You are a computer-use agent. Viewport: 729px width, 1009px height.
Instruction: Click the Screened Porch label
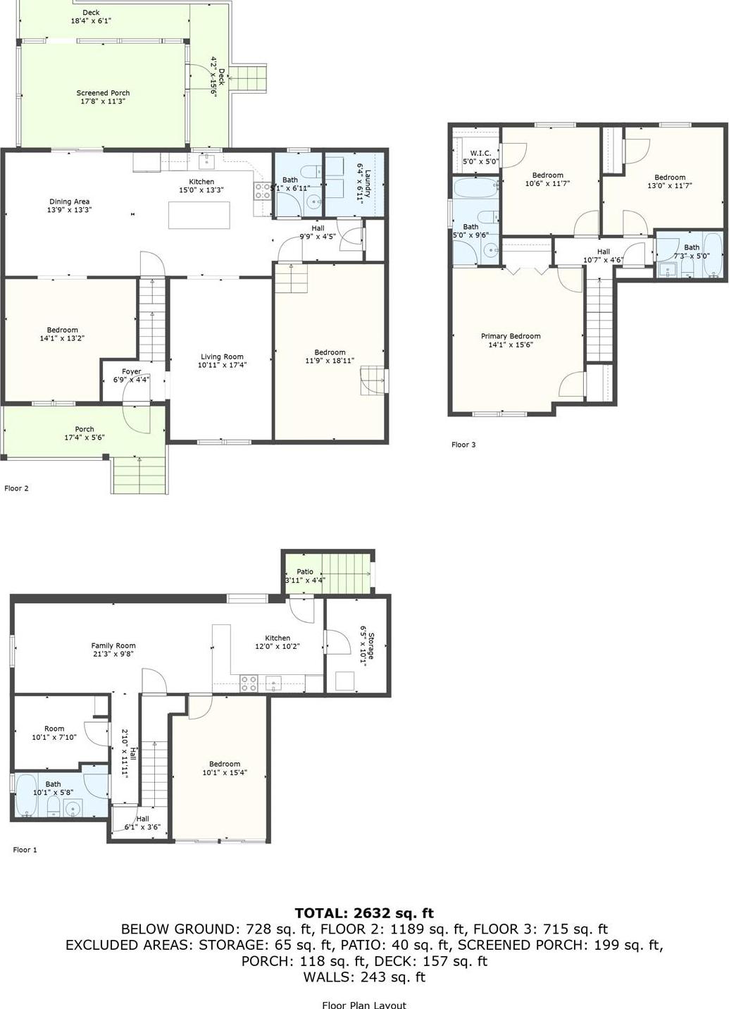103,93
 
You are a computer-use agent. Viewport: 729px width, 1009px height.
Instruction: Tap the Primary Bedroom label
511,336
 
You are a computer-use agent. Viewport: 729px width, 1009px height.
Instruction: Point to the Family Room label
113,645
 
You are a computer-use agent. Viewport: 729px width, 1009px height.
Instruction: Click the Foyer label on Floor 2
131,371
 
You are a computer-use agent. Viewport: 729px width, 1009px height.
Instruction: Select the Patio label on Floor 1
304,572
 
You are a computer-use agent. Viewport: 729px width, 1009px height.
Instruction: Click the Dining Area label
69,202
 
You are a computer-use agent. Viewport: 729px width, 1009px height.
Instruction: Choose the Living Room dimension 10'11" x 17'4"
222,365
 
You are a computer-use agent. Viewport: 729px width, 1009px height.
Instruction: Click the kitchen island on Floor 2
199,215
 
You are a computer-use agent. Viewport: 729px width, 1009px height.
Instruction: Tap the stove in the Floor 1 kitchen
249,682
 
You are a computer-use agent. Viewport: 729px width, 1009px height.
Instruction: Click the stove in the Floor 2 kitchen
262,190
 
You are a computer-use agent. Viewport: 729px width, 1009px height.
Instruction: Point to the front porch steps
139,475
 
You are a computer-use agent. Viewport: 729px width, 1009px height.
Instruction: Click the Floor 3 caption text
463,445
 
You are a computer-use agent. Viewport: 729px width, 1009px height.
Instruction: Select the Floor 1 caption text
25,850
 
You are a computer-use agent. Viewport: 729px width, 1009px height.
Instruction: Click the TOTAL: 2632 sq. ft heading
364,913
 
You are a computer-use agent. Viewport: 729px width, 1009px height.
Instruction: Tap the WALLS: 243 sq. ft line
364,977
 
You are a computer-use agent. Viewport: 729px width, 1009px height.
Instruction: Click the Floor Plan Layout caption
364,1005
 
